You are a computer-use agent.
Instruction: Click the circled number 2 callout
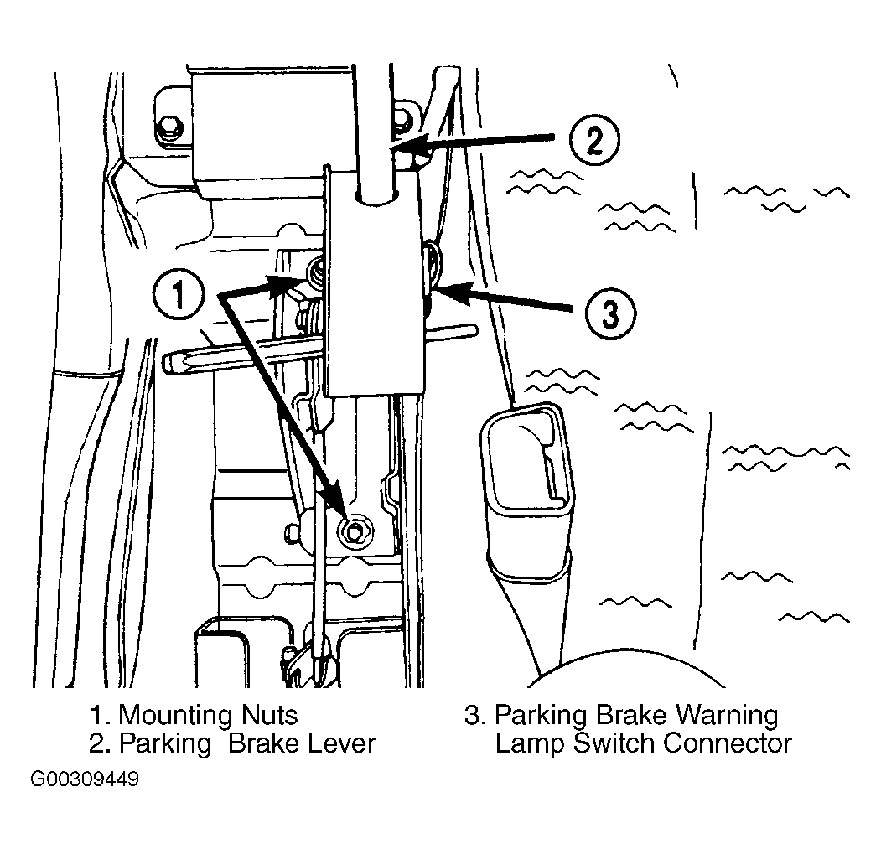click(593, 140)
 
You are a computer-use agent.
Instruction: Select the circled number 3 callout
click(610, 313)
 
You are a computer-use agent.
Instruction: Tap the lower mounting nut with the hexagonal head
click(354, 530)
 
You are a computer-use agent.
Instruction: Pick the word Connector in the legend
click(727, 743)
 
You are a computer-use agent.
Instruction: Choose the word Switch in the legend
click(614, 743)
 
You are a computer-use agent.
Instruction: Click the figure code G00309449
click(85, 779)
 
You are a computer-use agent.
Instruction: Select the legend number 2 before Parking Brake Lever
click(100, 743)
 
